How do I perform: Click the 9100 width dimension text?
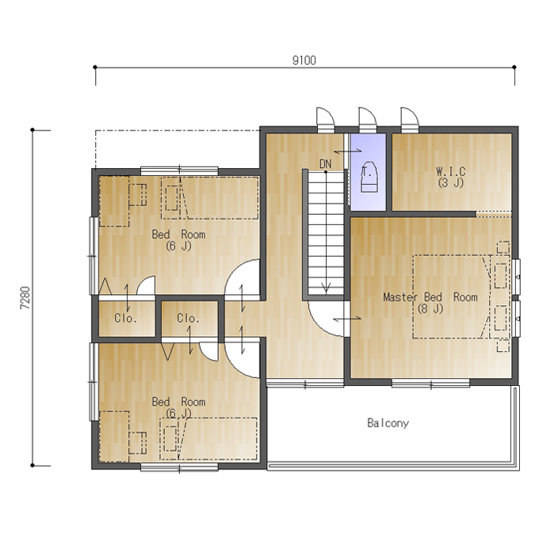[x=304, y=60]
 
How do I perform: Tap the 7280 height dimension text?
[x=25, y=298]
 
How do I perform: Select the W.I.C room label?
[x=451, y=171]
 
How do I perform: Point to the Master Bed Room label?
[x=430, y=296]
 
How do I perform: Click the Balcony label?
[x=388, y=422]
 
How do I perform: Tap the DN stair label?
[x=325, y=164]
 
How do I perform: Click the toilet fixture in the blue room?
[x=369, y=176]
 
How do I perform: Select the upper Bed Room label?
[x=178, y=235]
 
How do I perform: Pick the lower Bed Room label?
[x=178, y=402]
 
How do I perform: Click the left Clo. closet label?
[x=125, y=318]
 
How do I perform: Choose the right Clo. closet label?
[x=189, y=318]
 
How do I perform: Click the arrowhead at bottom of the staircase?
[x=326, y=288]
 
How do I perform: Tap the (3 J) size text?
[x=451, y=182]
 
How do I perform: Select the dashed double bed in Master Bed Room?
[x=451, y=296]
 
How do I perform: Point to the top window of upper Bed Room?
[x=179, y=170]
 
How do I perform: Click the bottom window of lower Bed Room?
[x=179, y=467]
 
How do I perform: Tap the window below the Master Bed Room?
[x=430, y=383]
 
